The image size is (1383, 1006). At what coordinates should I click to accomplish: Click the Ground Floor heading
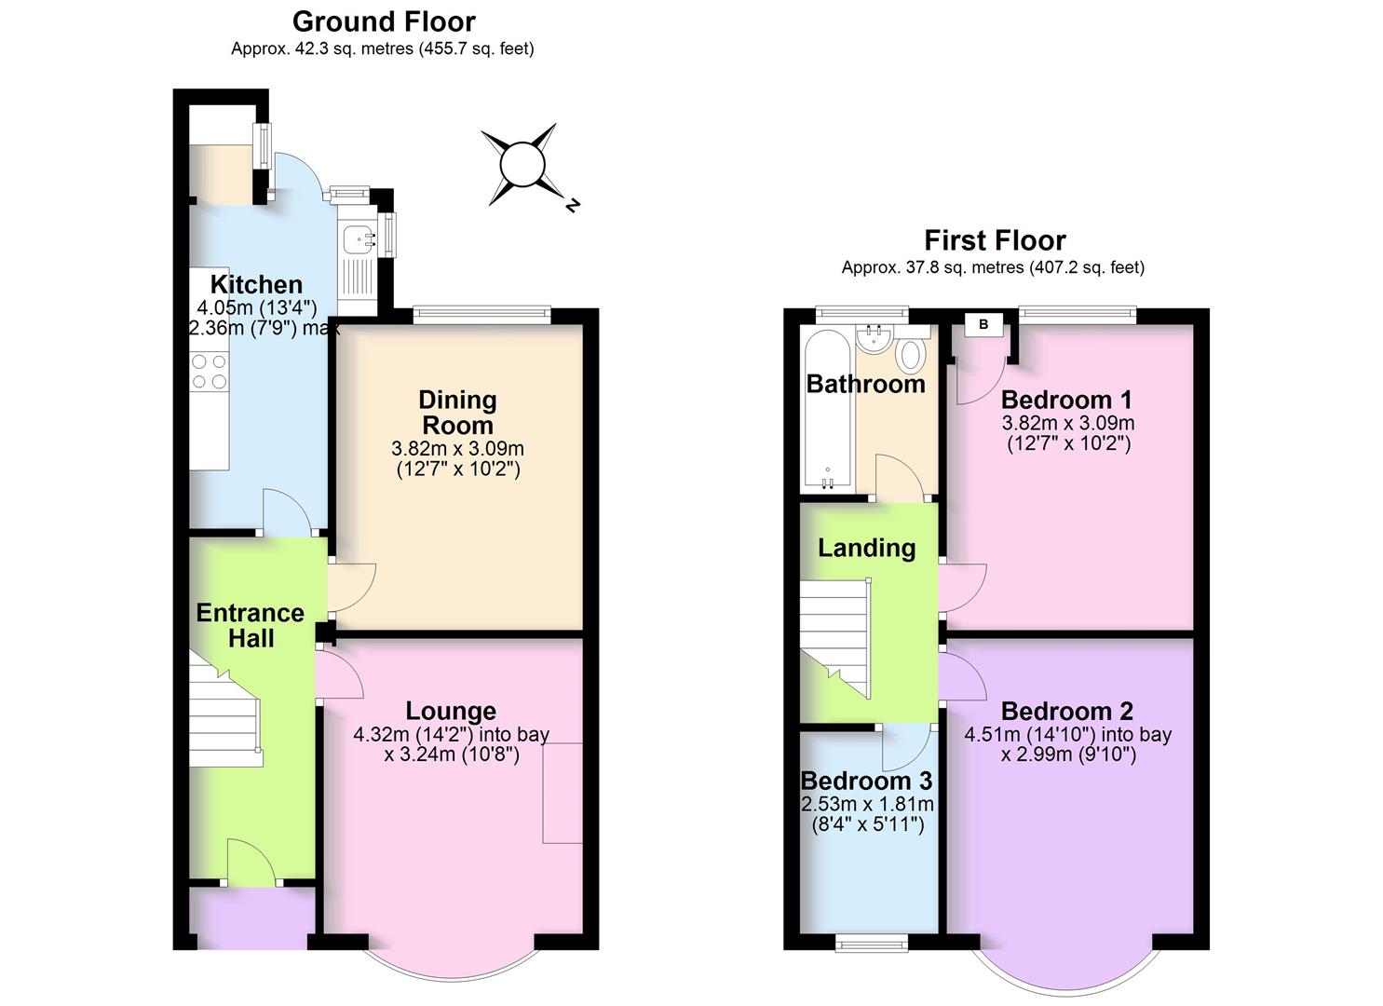pos(384,21)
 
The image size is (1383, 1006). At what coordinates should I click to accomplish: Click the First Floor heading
pos(994,240)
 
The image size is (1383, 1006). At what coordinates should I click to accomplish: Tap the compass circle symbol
pos(522,165)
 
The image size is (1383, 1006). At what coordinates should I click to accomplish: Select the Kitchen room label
pos(256,285)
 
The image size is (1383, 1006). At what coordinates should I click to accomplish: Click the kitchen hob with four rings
pos(210,371)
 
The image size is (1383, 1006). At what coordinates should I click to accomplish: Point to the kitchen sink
pos(357,238)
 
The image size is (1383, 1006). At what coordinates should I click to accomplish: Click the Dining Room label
pos(457,413)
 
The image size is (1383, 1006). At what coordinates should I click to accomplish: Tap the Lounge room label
pos(451,712)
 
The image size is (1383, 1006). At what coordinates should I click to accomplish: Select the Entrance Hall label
pos(251,625)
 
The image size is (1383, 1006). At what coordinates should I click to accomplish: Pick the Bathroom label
pos(865,384)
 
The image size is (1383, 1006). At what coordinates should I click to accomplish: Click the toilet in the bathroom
pos(910,354)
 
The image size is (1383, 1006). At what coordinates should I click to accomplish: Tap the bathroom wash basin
pos(875,339)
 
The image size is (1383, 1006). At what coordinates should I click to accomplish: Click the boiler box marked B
pos(983,325)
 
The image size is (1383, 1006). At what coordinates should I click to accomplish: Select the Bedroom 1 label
pos(1066,401)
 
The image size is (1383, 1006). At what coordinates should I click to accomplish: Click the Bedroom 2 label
pos(1066,712)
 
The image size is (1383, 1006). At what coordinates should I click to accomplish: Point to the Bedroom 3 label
pos(866,781)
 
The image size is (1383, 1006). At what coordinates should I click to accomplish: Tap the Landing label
pos(866,548)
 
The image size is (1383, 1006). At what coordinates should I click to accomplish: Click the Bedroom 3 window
pos(872,944)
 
